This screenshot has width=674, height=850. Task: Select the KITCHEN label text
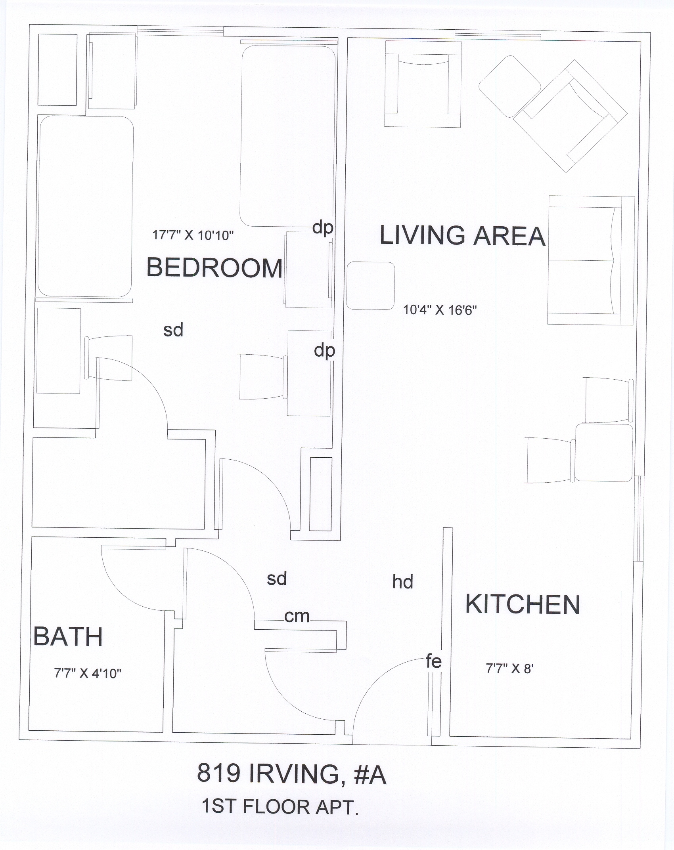523,604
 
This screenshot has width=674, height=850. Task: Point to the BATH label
68,636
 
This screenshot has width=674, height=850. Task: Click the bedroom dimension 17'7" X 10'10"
193,235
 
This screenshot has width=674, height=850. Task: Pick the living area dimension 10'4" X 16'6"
440,310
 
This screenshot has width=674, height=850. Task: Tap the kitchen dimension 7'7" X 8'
510,669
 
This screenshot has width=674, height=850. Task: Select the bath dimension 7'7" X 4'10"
88,673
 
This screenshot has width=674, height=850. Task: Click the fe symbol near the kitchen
434,661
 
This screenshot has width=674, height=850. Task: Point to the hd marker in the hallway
403,582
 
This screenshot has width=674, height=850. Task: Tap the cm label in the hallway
297,616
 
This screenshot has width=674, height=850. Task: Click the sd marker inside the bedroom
173,330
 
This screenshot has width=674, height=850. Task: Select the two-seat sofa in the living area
591,260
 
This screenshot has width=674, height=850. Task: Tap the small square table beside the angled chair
510,87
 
